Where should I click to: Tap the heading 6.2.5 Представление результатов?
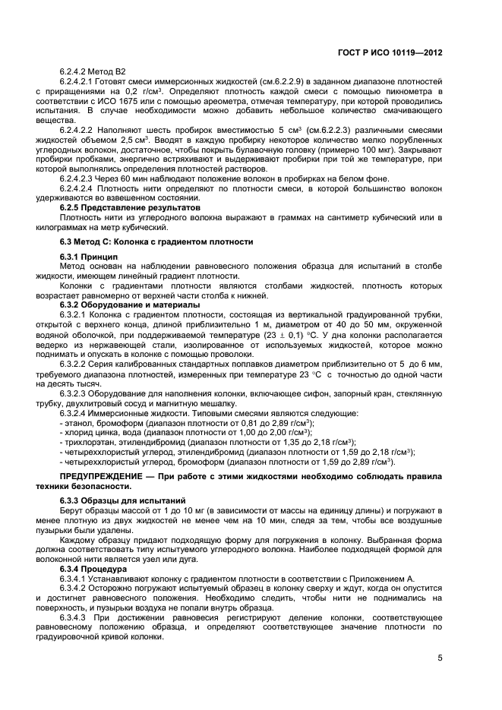point(130,207)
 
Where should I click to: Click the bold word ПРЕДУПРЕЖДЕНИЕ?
point(93,475)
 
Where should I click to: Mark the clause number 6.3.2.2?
point(76,364)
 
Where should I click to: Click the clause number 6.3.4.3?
point(76,617)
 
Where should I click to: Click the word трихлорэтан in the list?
point(88,442)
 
